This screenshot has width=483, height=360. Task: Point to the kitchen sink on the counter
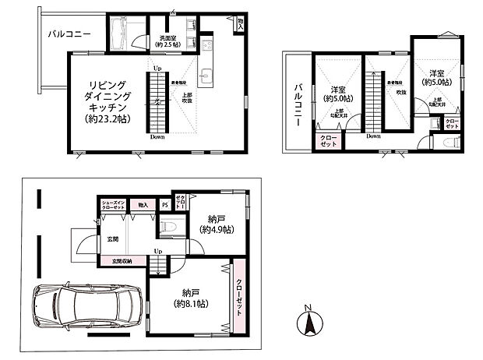click(x=206, y=76)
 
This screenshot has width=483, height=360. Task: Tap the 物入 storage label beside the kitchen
click(x=241, y=26)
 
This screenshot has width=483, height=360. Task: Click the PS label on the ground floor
click(x=164, y=205)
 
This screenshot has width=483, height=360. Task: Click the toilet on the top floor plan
click(x=447, y=144)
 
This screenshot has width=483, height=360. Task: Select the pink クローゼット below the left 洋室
click(x=329, y=141)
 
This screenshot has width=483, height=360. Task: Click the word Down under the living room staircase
click(x=157, y=137)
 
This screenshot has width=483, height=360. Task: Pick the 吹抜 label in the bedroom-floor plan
click(x=401, y=93)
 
